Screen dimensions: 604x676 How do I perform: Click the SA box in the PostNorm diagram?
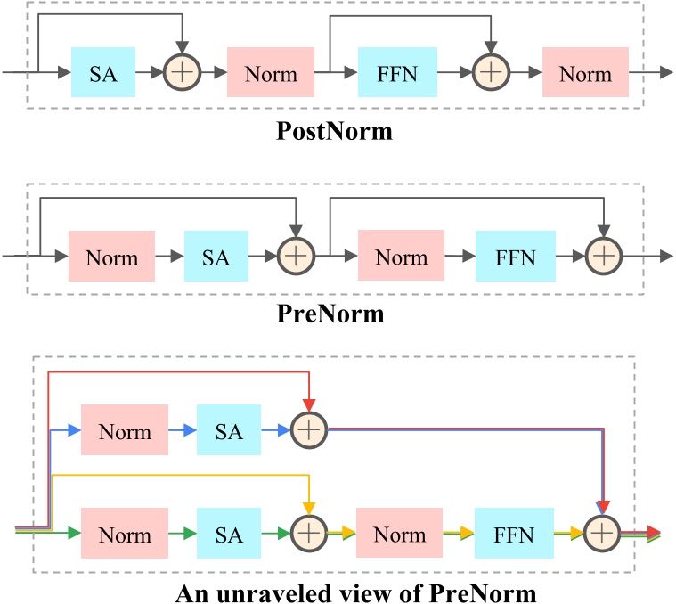click(x=103, y=73)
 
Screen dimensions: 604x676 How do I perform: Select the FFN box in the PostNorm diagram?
click(x=396, y=73)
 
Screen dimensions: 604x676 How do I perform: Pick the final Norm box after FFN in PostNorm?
click(x=585, y=73)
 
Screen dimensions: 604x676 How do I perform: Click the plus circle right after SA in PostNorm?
click(x=182, y=73)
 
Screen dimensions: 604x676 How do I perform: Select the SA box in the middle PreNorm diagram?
click(x=216, y=257)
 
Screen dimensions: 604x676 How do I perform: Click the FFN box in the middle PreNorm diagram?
click(x=515, y=257)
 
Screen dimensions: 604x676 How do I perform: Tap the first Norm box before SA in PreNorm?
click(x=112, y=257)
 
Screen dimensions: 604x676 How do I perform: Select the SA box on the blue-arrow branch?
click(x=229, y=430)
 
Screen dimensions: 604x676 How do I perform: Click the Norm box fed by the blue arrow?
click(x=125, y=430)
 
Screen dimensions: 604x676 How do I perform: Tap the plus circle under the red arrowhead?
click(x=307, y=430)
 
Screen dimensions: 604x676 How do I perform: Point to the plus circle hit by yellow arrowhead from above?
click(x=307, y=534)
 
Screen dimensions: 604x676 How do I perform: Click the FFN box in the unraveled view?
click(x=514, y=534)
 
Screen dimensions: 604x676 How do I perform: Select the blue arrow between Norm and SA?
click(x=183, y=430)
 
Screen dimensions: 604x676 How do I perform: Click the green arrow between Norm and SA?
click(x=183, y=534)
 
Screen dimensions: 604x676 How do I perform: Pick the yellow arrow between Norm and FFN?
click(x=459, y=534)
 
